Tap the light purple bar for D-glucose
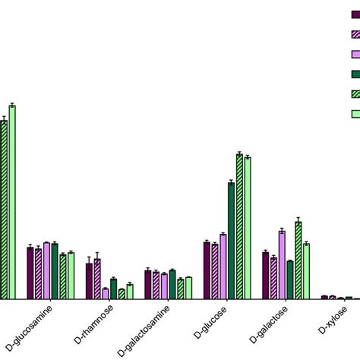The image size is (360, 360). click(223, 267)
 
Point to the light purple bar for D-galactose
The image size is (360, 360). click(282, 265)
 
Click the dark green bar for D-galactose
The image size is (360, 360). click(290, 280)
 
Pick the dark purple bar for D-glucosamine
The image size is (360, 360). click(30, 273)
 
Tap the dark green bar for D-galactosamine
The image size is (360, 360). click(172, 285)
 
